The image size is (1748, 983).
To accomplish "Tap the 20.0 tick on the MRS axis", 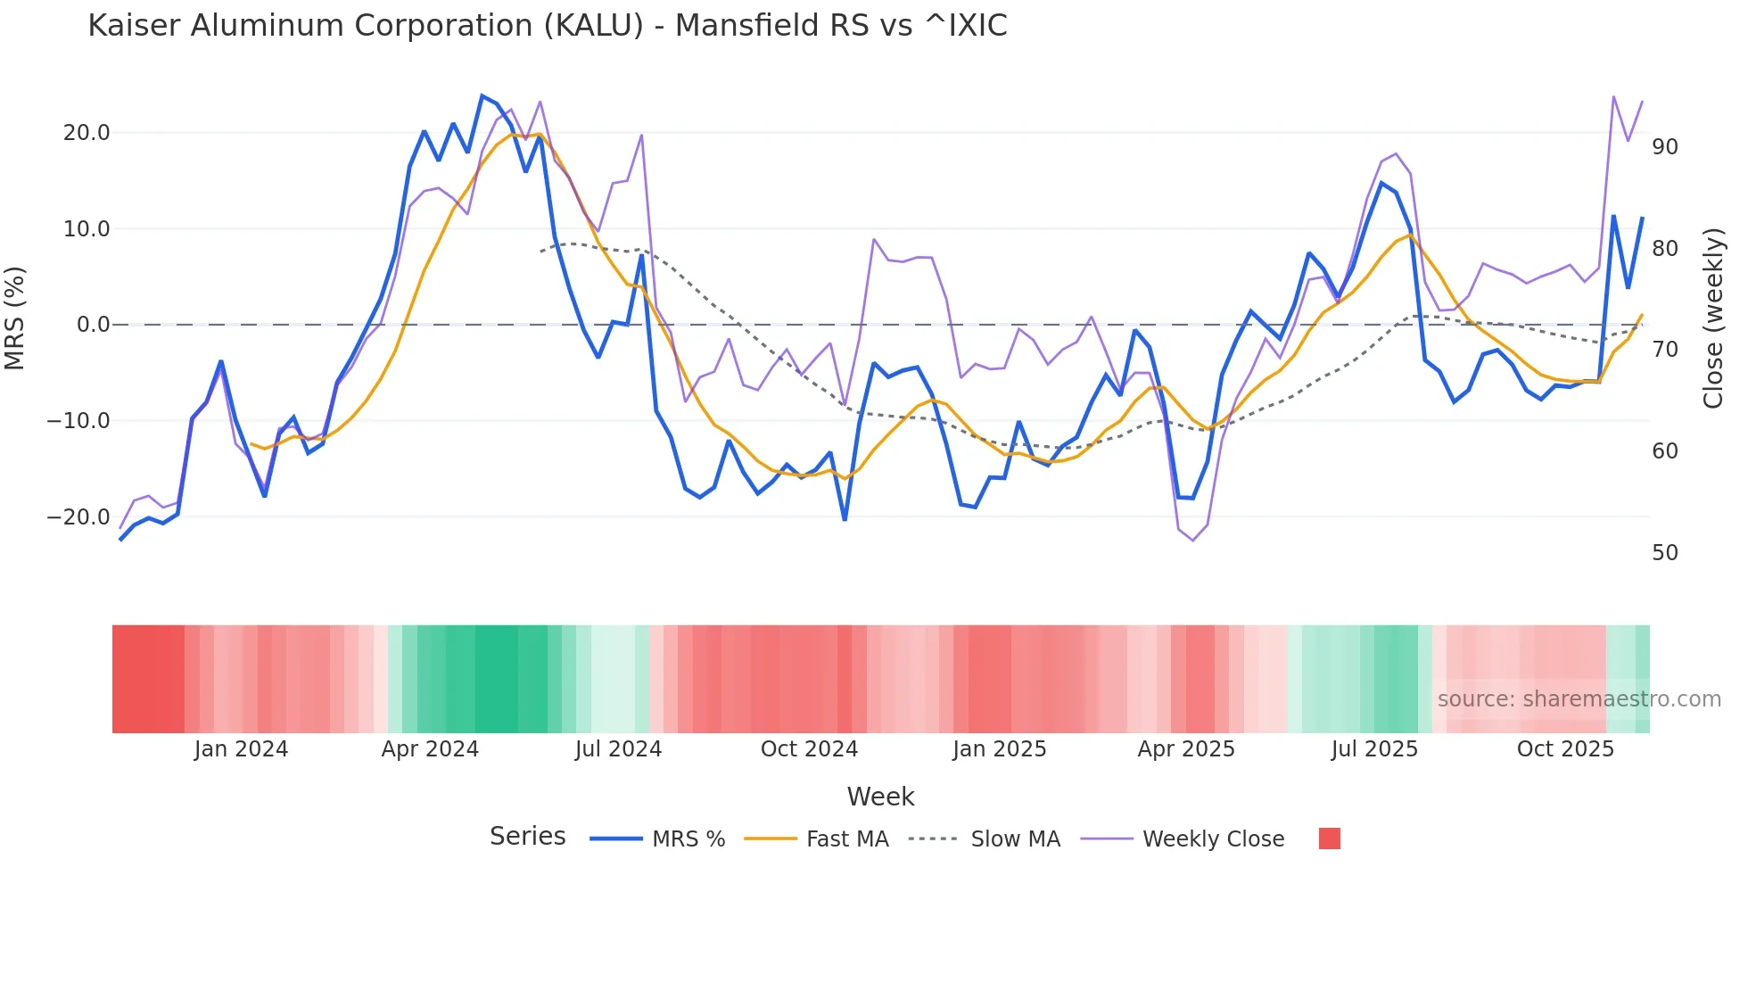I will pos(87,133).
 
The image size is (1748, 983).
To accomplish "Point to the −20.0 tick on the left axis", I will pos(78,517).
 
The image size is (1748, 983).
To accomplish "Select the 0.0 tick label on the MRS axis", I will pos(93,325).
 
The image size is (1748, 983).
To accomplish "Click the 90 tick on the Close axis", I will pos(1664,147).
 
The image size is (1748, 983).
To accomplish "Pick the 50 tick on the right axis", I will pos(1664,553).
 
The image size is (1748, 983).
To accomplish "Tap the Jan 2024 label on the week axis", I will pos(241,749).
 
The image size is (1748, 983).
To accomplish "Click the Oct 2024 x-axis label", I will pos(809,749).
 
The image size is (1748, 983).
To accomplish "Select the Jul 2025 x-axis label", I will pos(1374,749).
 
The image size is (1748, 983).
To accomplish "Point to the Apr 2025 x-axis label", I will pos(1186,749).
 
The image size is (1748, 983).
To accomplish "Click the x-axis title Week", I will pos(880,797).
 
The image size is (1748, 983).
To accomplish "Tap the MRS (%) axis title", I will pos(15,318).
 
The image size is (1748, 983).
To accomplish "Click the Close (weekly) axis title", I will pos(1712,318).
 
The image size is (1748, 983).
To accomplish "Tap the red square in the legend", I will pos(1329,838).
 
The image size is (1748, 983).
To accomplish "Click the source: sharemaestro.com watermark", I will pos(1579,699).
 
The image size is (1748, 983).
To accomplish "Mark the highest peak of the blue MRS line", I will pos(482,95).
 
